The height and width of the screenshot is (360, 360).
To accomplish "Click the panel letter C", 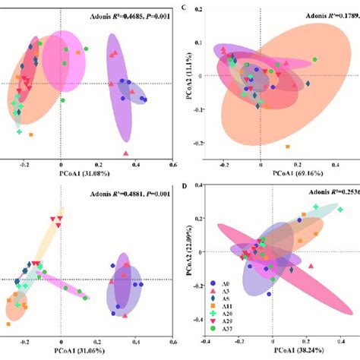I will (194, 6).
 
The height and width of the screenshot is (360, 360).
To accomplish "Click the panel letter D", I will (194, 188).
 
